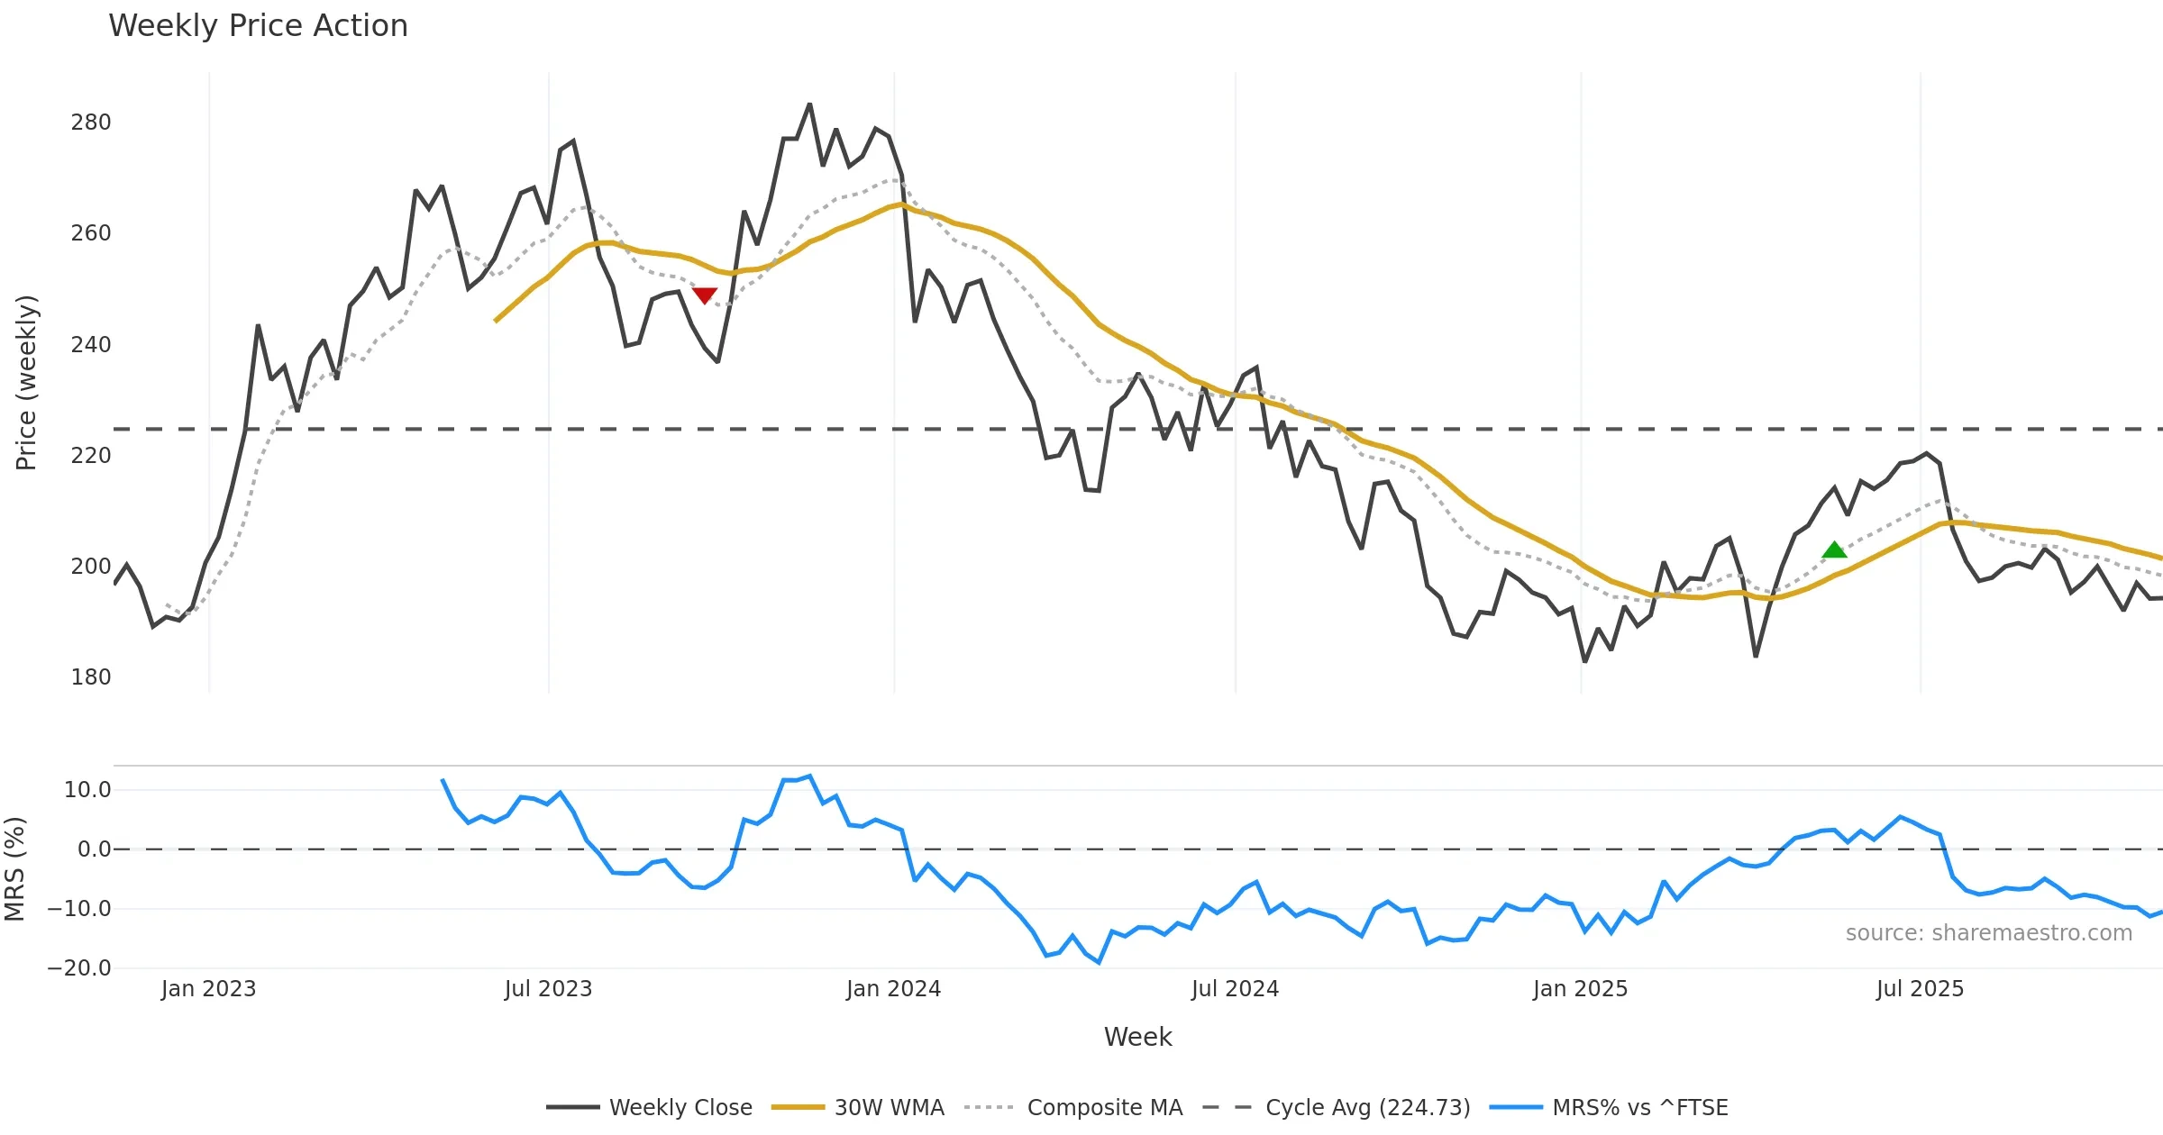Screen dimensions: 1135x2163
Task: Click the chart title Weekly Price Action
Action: (x=258, y=26)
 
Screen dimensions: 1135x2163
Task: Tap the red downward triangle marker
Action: (x=704, y=295)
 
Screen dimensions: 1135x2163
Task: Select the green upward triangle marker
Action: (x=1834, y=549)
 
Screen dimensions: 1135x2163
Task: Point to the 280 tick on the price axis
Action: (x=91, y=123)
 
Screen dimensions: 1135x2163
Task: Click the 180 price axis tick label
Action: (x=91, y=677)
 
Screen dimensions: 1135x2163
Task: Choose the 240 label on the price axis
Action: (x=91, y=345)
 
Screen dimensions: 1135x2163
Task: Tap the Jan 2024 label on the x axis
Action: (x=893, y=989)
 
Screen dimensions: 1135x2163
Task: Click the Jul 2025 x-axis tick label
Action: (x=1920, y=989)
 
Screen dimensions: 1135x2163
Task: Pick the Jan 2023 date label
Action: (x=208, y=989)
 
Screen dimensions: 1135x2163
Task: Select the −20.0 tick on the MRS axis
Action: (x=79, y=968)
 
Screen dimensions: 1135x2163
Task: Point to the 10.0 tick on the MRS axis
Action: (x=87, y=790)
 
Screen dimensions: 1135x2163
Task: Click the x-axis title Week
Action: (x=1137, y=1037)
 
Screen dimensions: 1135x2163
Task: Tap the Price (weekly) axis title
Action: (x=26, y=383)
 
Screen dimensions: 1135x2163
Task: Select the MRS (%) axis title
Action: (x=15, y=869)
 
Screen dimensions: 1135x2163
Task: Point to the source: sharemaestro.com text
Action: (x=1988, y=933)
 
